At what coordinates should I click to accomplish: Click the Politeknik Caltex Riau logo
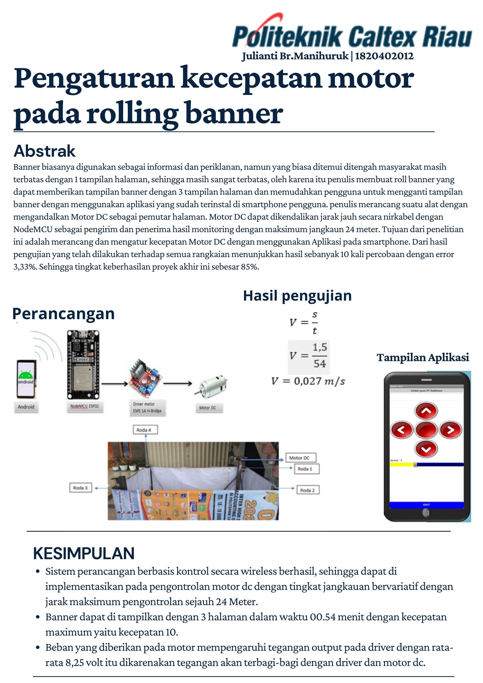pos(352,34)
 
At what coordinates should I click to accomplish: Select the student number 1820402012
pos(384,56)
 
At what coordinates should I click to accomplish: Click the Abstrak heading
pos(44,151)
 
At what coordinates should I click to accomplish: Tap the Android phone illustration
pos(26,379)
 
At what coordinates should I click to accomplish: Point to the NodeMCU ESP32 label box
pos(85,406)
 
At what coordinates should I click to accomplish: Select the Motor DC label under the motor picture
pos(208,408)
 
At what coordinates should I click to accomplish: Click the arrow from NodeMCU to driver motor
pos(114,384)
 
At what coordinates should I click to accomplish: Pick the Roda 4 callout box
pos(145,430)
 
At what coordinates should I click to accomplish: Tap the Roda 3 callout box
pos(80,488)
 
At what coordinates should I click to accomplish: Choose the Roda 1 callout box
pos(306,469)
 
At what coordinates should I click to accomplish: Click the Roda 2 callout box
pos(308,490)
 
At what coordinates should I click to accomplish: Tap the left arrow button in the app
pos(401,430)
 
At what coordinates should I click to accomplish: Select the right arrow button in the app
pos(450,430)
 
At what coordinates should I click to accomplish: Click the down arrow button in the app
pos(426,449)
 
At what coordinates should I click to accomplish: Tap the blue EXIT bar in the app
pos(426,505)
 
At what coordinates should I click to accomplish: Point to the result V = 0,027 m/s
pos(308,381)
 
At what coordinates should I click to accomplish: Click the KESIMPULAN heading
pos(84,553)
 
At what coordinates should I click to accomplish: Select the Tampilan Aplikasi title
pos(422,357)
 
